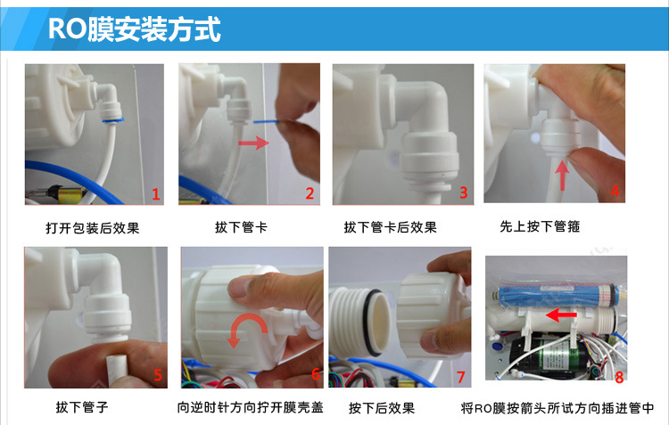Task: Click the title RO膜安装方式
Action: click(x=134, y=29)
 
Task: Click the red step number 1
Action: click(x=154, y=193)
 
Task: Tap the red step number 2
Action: click(x=310, y=193)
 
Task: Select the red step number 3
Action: click(x=463, y=192)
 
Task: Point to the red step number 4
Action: click(x=615, y=190)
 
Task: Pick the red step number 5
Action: click(x=158, y=375)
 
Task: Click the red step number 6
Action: click(x=315, y=375)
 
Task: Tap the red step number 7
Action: click(x=460, y=377)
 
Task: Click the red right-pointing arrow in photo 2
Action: click(x=254, y=142)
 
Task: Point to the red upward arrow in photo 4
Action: click(x=560, y=171)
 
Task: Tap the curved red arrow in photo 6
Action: click(x=244, y=329)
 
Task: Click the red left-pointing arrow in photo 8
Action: click(x=559, y=314)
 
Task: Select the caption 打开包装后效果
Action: click(x=93, y=228)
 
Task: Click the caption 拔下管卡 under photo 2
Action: click(x=241, y=228)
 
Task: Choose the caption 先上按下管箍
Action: click(x=540, y=227)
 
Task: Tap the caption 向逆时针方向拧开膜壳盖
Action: click(x=250, y=409)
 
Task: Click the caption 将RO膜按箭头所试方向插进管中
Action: click(x=557, y=409)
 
